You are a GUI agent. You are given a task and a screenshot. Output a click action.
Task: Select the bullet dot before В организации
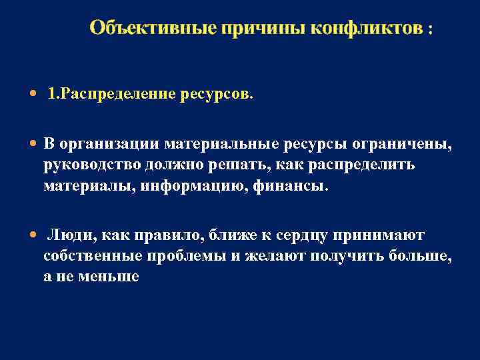[x=34, y=144]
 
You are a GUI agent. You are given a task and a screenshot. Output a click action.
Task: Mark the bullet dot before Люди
[x=34, y=235]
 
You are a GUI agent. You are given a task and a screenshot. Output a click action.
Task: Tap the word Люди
[x=66, y=235]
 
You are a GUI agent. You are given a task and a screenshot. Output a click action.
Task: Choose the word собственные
[x=87, y=256]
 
